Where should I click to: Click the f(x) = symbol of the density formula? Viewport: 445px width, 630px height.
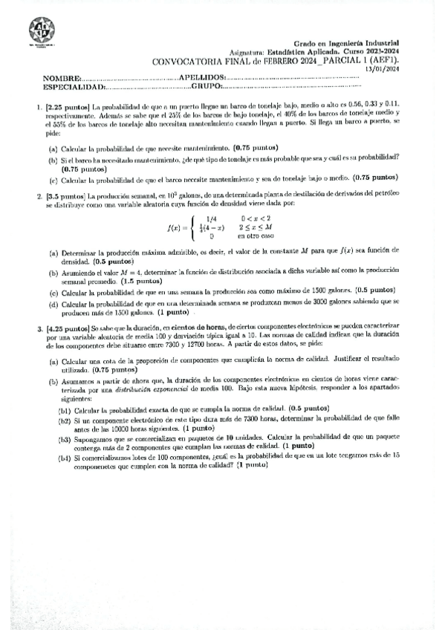[181, 227]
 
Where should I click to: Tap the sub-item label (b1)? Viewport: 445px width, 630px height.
[65, 409]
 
